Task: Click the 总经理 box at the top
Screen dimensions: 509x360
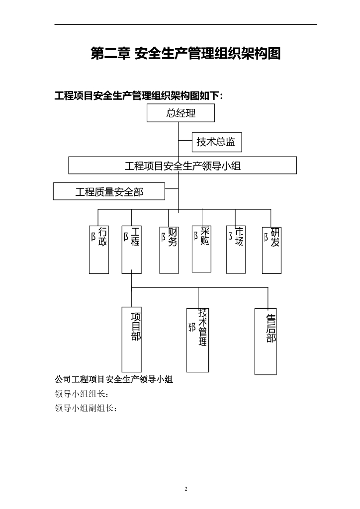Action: (x=180, y=113)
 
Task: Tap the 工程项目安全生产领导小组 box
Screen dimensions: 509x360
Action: (x=182, y=166)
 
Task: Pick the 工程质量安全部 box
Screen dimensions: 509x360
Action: (x=109, y=191)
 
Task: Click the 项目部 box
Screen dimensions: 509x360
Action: (x=132, y=339)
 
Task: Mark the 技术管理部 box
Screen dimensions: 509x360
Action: (x=197, y=340)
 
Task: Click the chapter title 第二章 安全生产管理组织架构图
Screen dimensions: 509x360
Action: (x=185, y=53)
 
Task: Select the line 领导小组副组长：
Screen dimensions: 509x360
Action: (x=86, y=409)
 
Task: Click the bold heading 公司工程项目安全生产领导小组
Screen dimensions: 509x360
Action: (x=113, y=380)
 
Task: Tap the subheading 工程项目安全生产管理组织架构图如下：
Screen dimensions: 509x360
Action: (x=139, y=95)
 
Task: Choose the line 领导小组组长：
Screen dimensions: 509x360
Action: (x=82, y=394)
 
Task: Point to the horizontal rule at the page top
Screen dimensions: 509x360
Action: (x=185, y=24)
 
